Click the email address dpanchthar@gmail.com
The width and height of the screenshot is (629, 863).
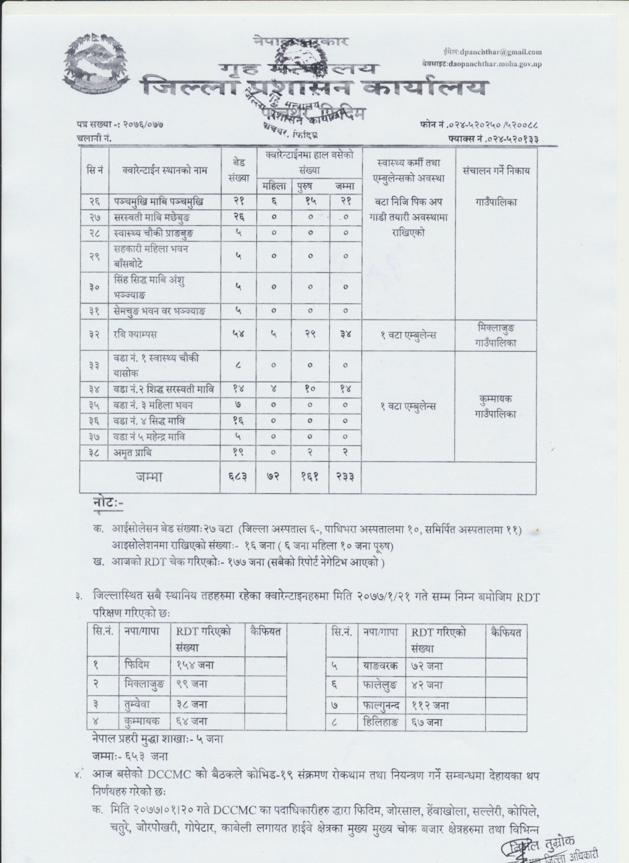[x=499, y=51]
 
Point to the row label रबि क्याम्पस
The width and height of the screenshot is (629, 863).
[x=135, y=334]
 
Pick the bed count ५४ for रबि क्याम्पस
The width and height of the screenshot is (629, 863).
[x=238, y=334]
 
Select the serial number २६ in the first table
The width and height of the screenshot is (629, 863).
[x=94, y=201]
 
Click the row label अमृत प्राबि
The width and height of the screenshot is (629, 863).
[x=133, y=453]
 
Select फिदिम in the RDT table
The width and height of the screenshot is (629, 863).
[x=137, y=665]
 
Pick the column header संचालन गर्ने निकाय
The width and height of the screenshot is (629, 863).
[x=496, y=170]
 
